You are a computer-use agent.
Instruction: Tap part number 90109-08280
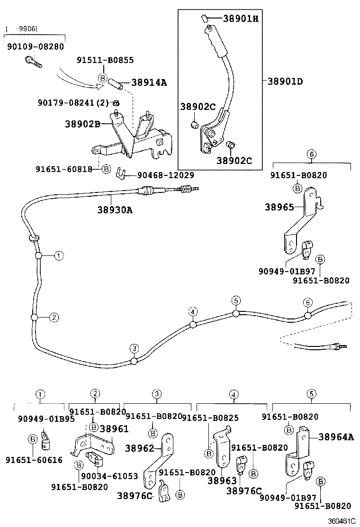pos(35,46)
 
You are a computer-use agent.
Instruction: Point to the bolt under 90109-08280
pos(32,61)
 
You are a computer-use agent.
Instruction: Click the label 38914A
pos(149,82)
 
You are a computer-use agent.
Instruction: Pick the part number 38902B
pos(82,124)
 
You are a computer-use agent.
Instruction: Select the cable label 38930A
pos(115,209)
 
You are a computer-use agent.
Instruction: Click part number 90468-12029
pos(165,175)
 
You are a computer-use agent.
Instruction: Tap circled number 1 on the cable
pos(58,256)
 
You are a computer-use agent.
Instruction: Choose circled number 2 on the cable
pos(54,318)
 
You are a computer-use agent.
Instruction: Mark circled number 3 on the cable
pos(135,349)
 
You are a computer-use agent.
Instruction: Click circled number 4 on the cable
pos(192,312)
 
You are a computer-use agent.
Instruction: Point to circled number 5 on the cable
pos(236,300)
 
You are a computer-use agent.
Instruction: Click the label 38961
pos(114,428)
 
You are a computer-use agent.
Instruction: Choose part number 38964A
pos(336,437)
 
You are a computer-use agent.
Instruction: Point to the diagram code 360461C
pos(342,521)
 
